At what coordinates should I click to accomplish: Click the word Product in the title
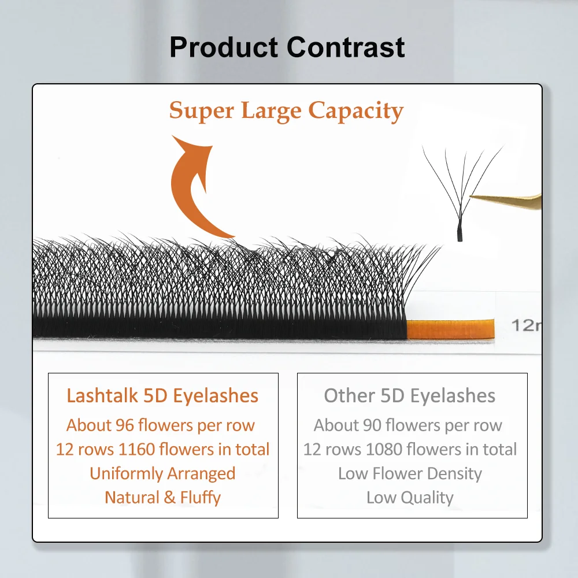click(224, 47)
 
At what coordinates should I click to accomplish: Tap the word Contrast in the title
click(346, 47)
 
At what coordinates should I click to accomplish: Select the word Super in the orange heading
click(202, 111)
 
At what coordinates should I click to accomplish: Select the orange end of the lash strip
click(450, 329)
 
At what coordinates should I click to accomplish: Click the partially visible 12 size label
click(526, 325)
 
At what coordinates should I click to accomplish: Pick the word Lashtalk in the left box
click(102, 395)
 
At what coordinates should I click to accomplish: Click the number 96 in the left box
click(125, 425)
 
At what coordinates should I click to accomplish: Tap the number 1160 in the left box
click(136, 449)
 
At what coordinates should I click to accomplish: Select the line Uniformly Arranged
click(162, 474)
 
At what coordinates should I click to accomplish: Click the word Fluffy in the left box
click(200, 498)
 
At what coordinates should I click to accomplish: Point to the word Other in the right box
click(350, 395)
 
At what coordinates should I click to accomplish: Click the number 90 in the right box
click(372, 425)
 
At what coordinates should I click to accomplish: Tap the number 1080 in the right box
click(384, 449)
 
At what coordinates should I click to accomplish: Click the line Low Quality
click(410, 498)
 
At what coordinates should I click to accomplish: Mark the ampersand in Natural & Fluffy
click(170, 498)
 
